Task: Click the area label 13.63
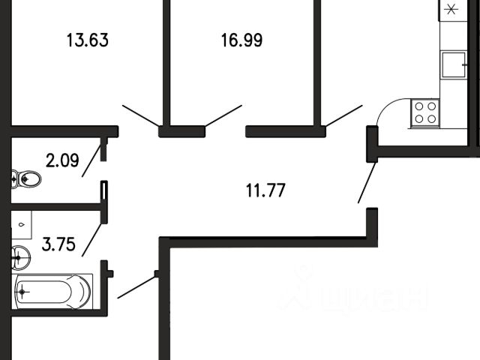[88, 40]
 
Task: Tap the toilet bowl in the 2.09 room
[27, 179]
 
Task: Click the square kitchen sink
[453, 64]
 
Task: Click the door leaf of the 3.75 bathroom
[91, 233]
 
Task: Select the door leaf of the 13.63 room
[140, 115]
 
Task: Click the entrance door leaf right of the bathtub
[136, 286]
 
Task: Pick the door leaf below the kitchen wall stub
[367, 183]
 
